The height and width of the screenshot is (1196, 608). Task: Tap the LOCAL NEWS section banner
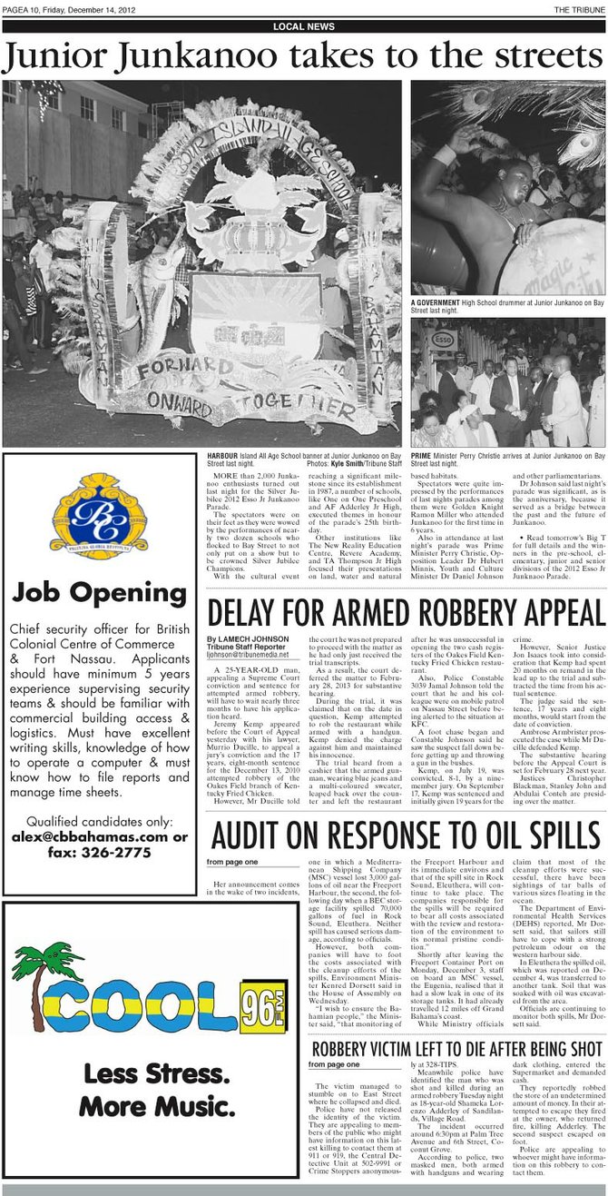[x=303, y=27]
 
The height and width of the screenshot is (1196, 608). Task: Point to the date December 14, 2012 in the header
[x=113, y=9]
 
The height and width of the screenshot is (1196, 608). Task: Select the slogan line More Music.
[x=149, y=1106]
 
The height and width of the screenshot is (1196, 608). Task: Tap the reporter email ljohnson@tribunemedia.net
[x=253, y=654]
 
